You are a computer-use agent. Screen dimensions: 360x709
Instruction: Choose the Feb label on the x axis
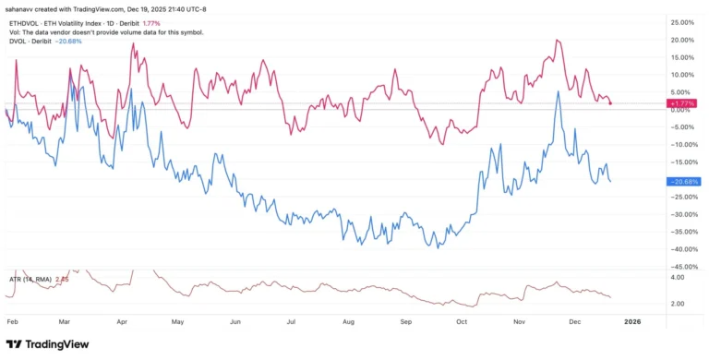12,322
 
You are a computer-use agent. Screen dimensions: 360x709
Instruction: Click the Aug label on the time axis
348,322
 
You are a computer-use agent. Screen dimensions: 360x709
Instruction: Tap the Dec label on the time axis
575,322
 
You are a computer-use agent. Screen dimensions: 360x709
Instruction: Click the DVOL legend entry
18,42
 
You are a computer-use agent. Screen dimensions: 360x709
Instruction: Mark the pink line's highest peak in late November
558,41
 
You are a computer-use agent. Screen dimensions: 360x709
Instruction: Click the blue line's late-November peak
559,92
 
